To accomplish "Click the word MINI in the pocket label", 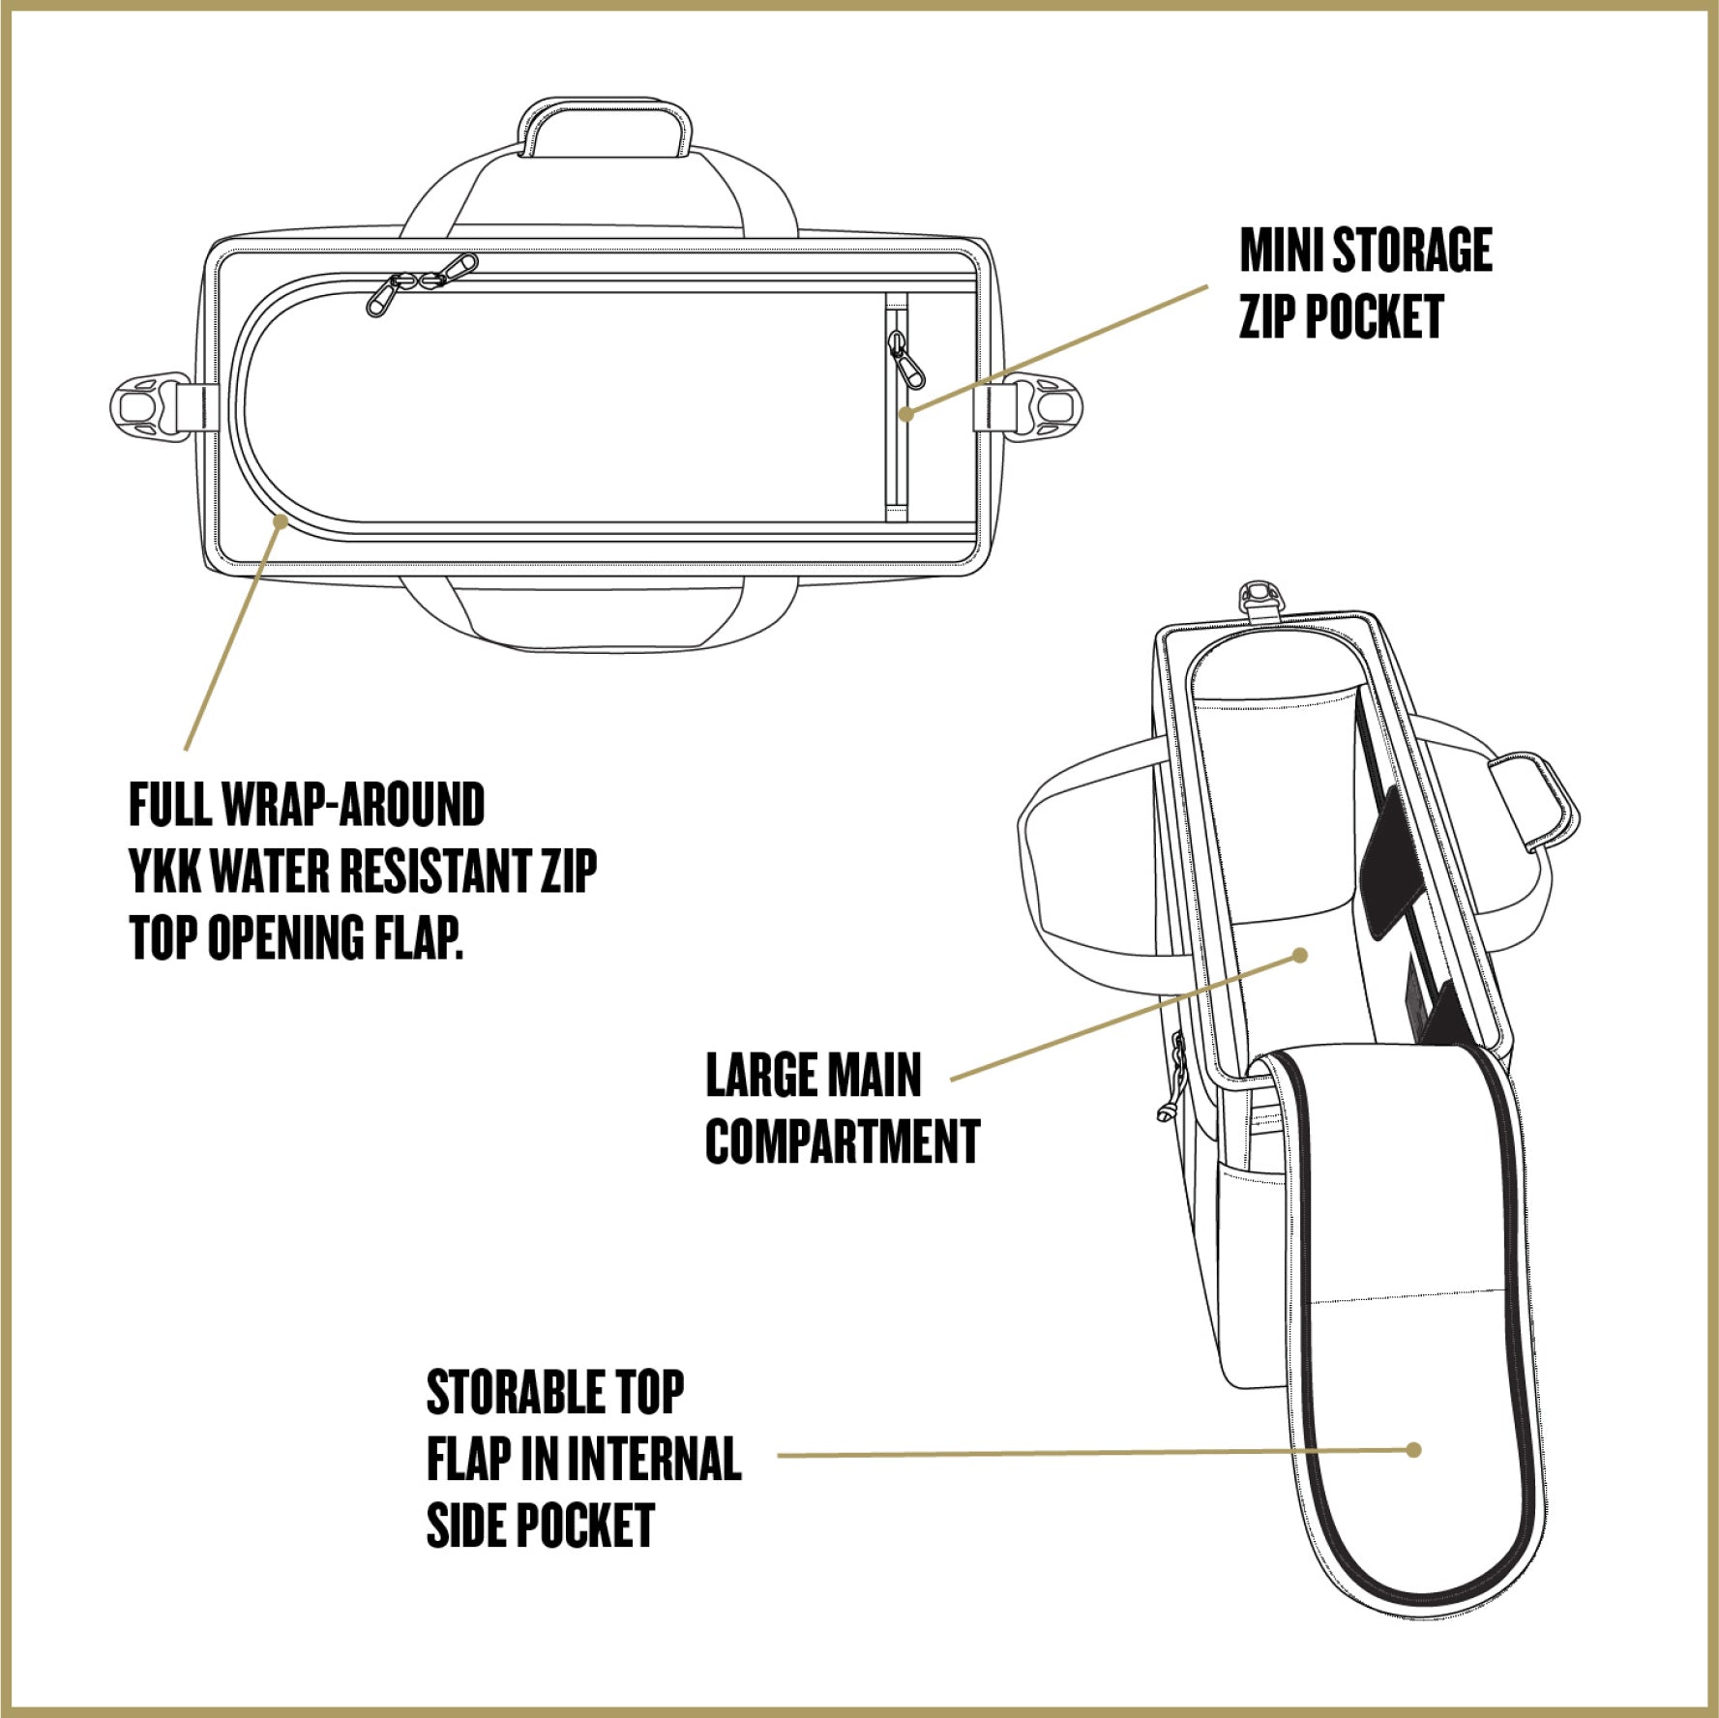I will click(x=1281, y=251).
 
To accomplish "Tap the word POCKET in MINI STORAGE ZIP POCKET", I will click(x=1374, y=317).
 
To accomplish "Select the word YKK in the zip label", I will click(x=164, y=871).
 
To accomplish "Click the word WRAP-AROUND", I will click(x=353, y=805).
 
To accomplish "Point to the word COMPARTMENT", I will click(x=843, y=1141).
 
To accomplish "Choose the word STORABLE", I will click(x=517, y=1393).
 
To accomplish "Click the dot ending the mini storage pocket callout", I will click(x=905, y=414).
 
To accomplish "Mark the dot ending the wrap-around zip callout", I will click(x=281, y=521).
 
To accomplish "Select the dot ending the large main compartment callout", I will click(x=1301, y=956).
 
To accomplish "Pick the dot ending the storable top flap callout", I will click(x=1414, y=1450).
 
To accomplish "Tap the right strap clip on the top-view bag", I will click(x=1046, y=406).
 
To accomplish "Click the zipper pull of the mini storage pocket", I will click(x=906, y=362).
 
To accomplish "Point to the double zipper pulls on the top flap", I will click(x=422, y=281).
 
